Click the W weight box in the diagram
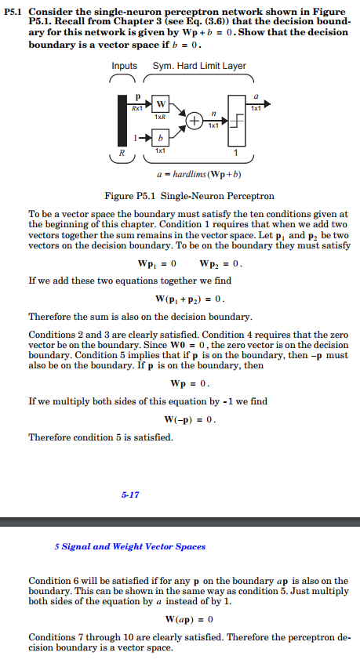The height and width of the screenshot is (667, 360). tap(160, 103)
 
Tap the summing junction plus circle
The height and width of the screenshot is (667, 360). tap(191, 120)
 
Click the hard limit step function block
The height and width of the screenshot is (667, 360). tap(237, 120)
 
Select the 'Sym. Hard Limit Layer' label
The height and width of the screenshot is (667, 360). tap(202, 66)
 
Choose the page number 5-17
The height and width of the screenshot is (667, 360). tap(130, 495)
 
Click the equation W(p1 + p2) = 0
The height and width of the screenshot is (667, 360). tap(191, 299)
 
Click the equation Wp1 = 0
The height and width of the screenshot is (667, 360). tap(162, 263)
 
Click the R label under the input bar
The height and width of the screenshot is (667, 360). tap(122, 153)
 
